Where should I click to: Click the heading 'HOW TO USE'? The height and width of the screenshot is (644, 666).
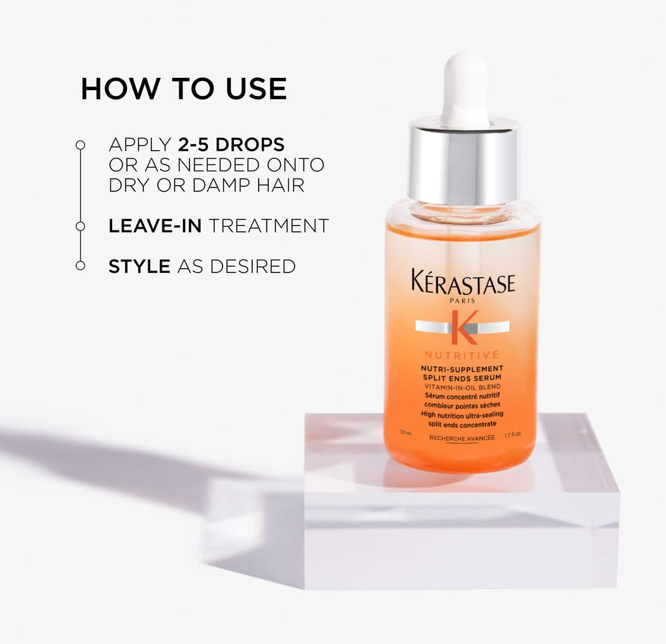coord(184,89)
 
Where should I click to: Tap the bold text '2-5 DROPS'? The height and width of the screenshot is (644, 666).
coord(231,145)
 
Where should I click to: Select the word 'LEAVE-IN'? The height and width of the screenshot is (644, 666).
coord(155,225)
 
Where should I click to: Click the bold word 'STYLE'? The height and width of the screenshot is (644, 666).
coord(139,267)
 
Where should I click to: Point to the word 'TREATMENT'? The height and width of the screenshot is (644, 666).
coord(269,225)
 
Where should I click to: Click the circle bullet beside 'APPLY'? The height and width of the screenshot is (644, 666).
coord(81,145)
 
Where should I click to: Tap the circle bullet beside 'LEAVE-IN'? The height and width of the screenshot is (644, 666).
coord(81,226)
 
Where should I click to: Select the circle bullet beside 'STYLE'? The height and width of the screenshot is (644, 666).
coord(81,265)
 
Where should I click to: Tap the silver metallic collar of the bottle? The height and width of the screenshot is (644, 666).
coord(464,161)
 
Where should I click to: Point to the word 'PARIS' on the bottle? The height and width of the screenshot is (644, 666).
coord(462,301)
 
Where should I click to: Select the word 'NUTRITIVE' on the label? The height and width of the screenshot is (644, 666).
coord(462,355)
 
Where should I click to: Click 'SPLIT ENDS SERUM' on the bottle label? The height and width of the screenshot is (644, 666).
coord(462,377)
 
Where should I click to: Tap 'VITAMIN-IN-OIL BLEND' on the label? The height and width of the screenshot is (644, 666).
coord(462,387)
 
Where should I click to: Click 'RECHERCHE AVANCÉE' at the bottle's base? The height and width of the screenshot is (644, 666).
coord(462,438)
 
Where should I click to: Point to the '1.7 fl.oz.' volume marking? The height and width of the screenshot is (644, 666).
coord(513,435)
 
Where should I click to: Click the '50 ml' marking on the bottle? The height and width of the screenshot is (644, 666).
coord(406,433)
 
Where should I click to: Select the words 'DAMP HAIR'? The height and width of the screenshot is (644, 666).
coord(248,185)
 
